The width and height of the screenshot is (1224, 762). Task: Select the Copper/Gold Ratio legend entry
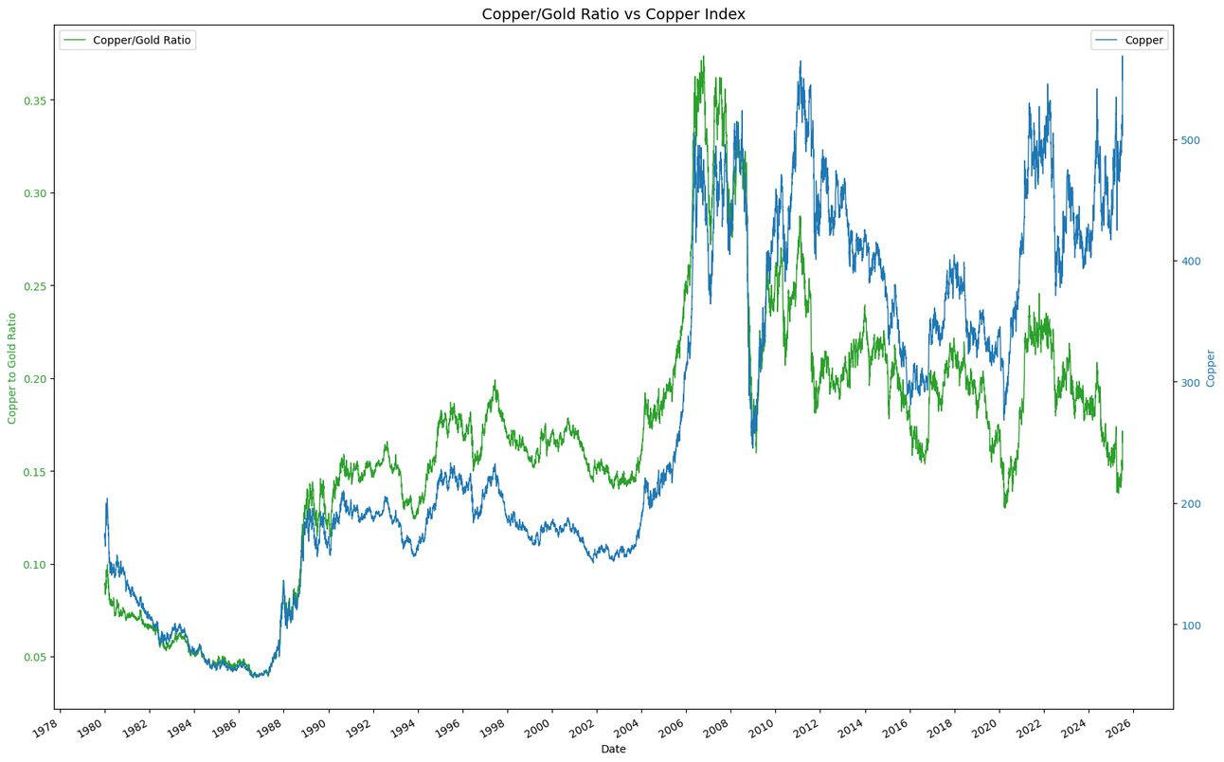pyautogui.click(x=128, y=40)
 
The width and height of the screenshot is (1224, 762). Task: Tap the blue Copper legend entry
pyautogui.click(x=1128, y=40)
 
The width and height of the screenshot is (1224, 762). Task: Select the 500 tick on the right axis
pyautogui.click(x=1188, y=140)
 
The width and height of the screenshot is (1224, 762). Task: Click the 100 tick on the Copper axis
pyautogui.click(x=1188, y=626)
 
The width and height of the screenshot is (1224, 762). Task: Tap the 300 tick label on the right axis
pyautogui.click(x=1188, y=383)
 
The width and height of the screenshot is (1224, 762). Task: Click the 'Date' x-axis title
pyautogui.click(x=613, y=749)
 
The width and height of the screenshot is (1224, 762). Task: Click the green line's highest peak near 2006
pyautogui.click(x=703, y=56)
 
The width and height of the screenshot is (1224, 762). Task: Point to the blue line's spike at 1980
pyautogui.click(x=107, y=499)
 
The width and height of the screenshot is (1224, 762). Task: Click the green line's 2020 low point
pyautogui.click(x=1005, y=507)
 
